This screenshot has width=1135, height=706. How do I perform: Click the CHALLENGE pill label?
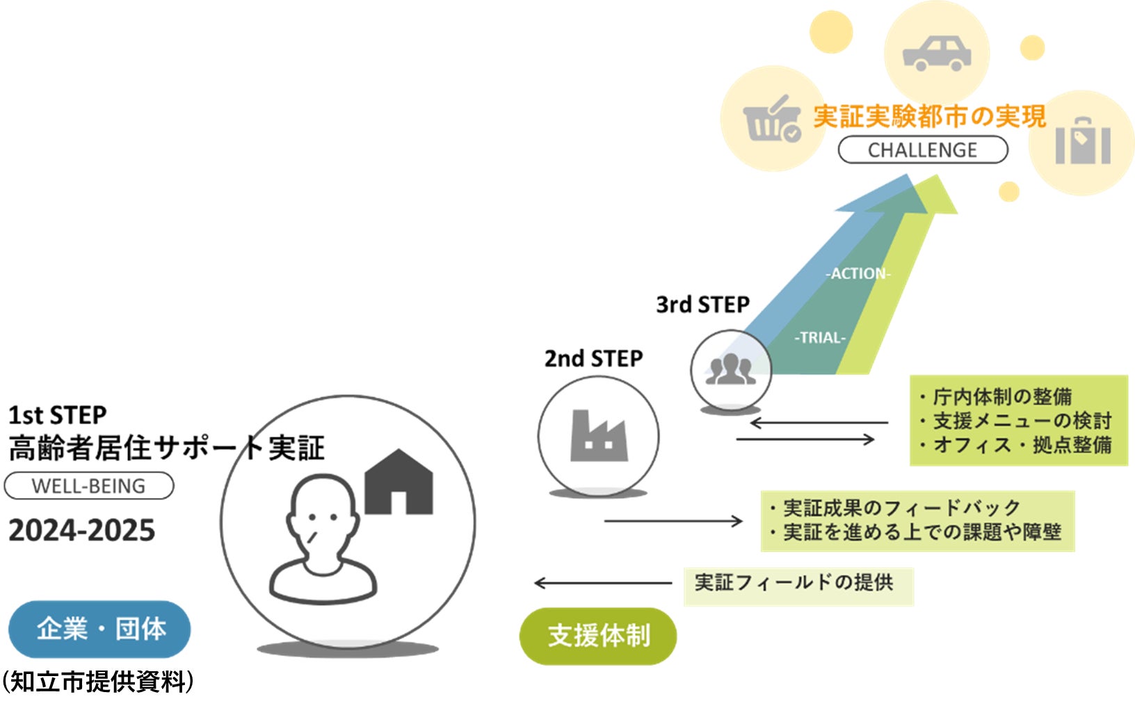point(922,150)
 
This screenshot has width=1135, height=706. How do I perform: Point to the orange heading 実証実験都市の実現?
point(929,116)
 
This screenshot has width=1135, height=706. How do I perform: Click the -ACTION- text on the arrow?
point(858,273)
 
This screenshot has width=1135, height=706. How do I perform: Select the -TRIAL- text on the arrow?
point(820,337)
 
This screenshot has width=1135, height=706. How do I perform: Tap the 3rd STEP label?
point(702,305)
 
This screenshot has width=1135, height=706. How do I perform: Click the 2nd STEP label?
point(593,359)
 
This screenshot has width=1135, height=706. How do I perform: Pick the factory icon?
point(598,436)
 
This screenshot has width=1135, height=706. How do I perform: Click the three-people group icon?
point(730,369)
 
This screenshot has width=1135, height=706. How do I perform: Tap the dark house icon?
point(399,482)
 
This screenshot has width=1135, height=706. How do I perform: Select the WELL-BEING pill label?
point(88,486)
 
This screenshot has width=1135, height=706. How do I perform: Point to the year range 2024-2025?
point(81,531)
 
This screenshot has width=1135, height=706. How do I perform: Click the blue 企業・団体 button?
point(99,629)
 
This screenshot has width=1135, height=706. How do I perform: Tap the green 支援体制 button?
point(598,635)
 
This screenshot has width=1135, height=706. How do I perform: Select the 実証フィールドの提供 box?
point(798,583)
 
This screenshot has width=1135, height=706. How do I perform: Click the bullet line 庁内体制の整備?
point(1001,397)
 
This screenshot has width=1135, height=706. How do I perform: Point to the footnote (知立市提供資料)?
point(97,682)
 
